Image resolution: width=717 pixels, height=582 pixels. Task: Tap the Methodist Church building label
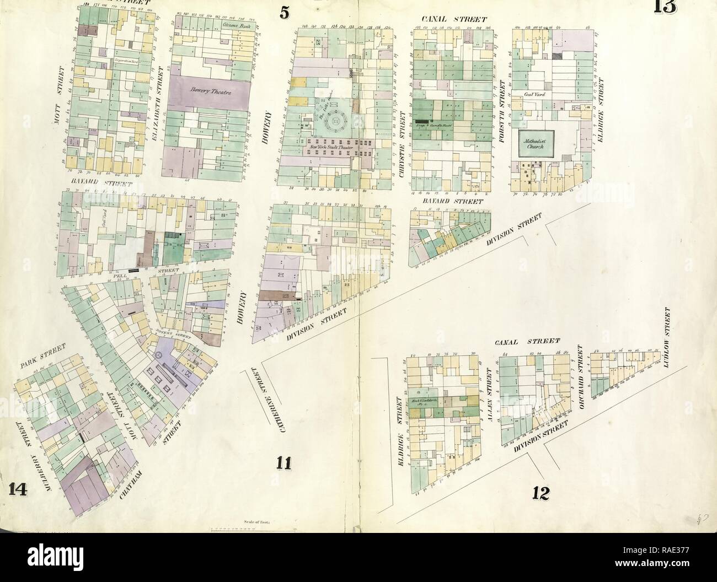534,144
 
